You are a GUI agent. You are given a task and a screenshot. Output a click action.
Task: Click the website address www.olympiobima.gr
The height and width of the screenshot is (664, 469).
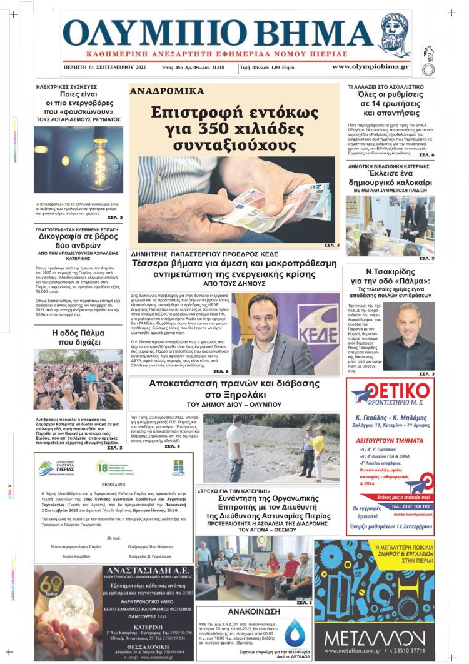tap(370, 66)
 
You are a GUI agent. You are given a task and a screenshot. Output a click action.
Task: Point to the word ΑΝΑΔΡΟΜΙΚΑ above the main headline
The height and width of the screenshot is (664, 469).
tap(167, 91)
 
